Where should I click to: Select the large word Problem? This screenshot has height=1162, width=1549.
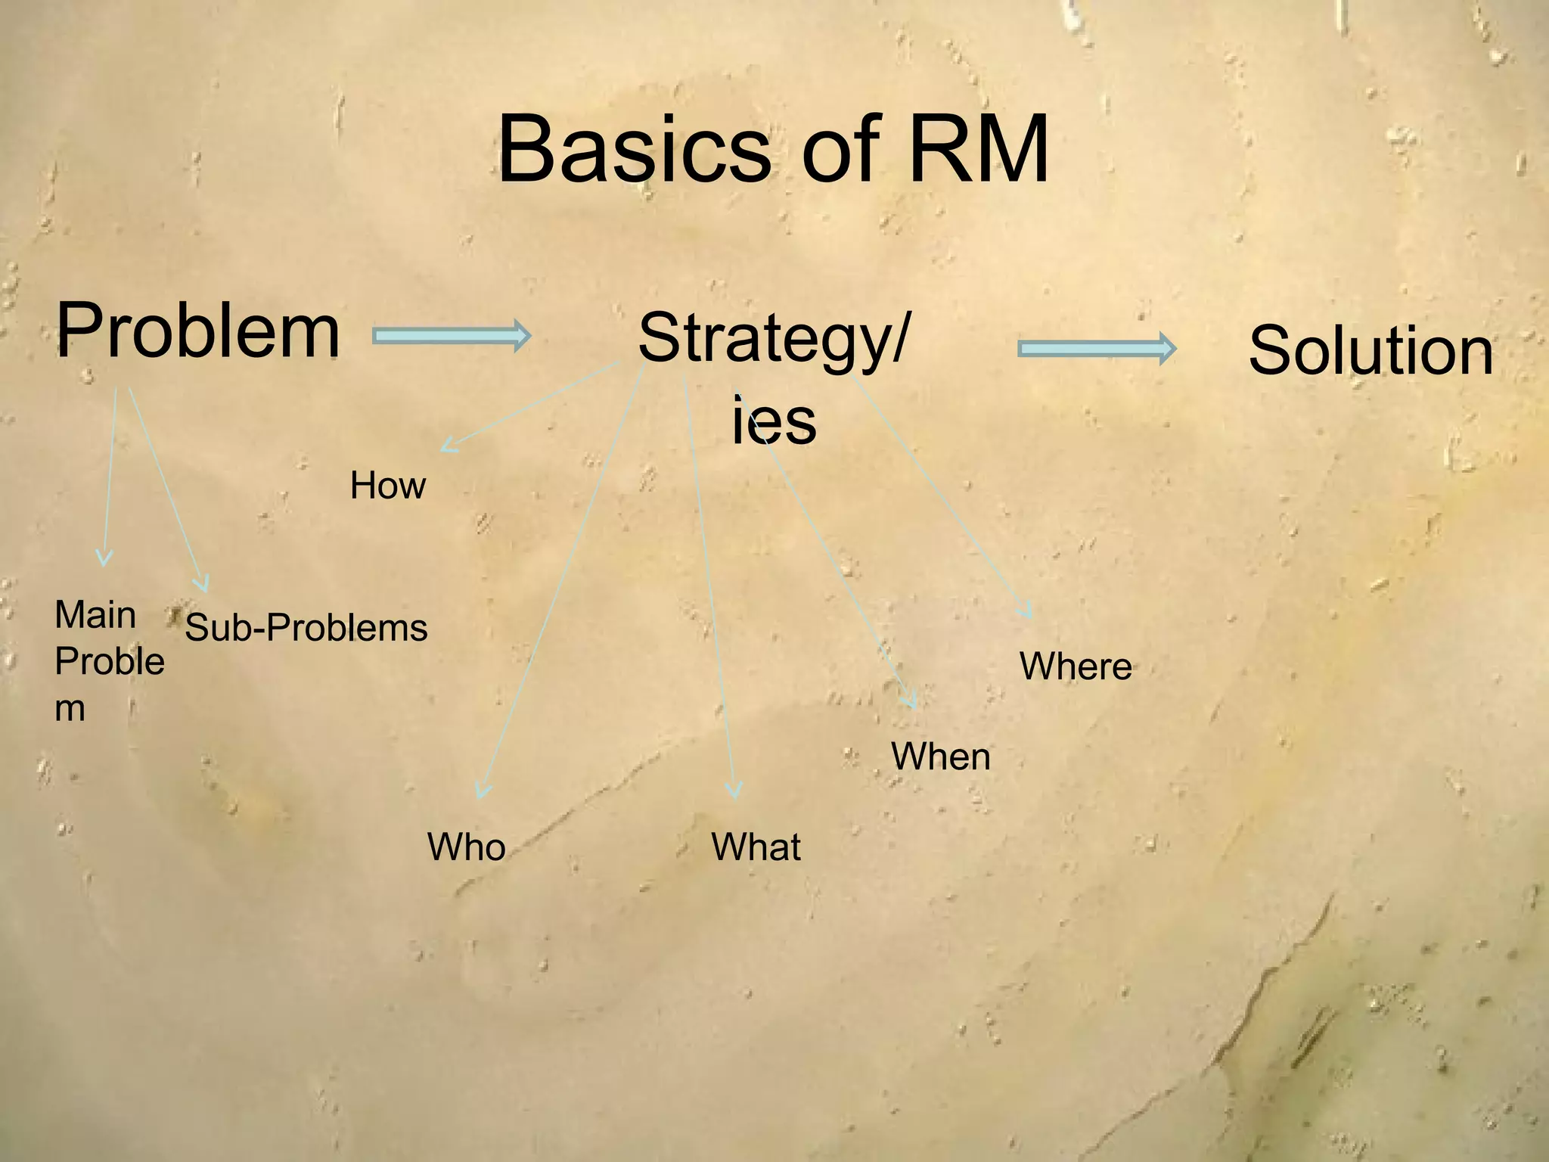click(x=198, y=331)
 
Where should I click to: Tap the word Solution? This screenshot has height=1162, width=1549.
click(x=1371, y=350)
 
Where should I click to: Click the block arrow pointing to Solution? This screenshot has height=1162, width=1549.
click(x=1096, y=349)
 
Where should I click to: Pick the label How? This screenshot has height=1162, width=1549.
click(x=387, y=486)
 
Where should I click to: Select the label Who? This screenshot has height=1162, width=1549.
click(x=466, y=847)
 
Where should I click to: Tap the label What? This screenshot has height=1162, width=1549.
click(x=756, y=847)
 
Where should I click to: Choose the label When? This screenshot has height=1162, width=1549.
click(x=940, y=757)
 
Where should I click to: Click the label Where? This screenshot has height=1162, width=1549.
click(x=1076, y=666)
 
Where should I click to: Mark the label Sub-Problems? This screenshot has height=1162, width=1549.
click(x=306, y=628)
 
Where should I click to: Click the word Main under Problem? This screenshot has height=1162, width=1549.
click(x=95, y=615)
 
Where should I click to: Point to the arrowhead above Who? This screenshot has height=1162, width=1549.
click(x=483, y=791)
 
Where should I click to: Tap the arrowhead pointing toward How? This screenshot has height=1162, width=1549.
click(x=448, y=446)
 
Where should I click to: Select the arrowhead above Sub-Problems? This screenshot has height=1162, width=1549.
click(x=202, y=584)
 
